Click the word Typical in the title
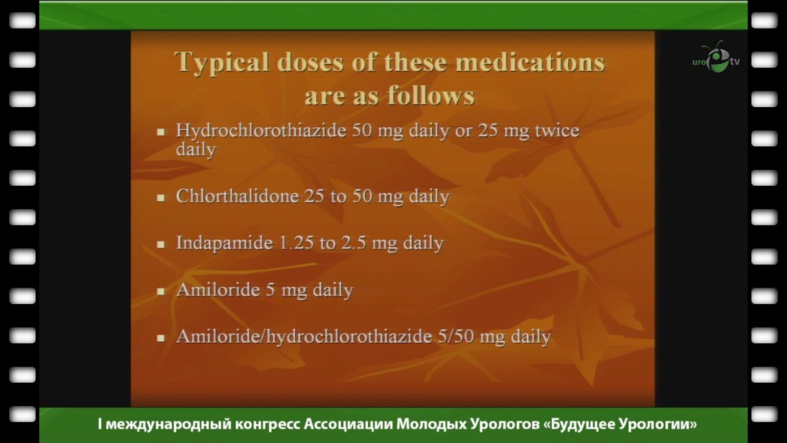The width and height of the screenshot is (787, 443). [x=222, y=63]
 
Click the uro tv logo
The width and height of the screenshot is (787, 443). [x=716, y=57]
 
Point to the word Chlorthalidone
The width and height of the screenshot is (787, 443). [x=237, y=196]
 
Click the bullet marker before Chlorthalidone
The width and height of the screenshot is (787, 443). [x=161, y=198]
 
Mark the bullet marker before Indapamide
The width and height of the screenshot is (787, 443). [x=161, y=245]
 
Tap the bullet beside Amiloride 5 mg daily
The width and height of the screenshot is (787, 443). [x=161, y=291]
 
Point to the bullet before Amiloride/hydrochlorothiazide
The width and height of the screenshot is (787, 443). [x=161, y=338]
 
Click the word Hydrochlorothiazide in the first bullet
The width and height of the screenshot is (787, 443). [x=261, y=131]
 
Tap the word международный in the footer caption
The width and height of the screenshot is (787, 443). [x=168, y=425]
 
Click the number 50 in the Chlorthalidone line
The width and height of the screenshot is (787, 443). [x=362, y=196]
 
